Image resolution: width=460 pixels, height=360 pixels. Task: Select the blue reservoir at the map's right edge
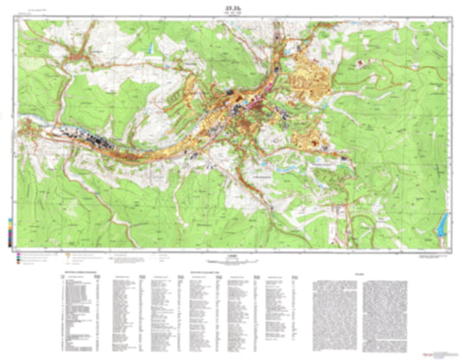coord(444,225)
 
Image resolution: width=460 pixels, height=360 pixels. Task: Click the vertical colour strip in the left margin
coord(10,230)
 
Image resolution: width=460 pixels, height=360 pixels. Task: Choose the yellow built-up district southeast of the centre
coord(306,138)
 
